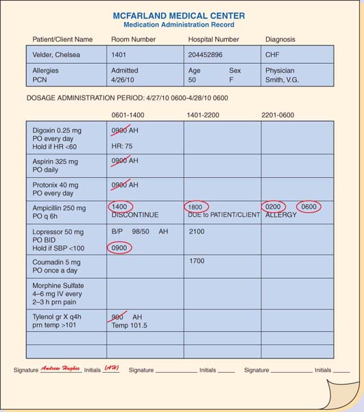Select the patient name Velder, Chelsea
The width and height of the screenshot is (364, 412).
[x=56, y=54]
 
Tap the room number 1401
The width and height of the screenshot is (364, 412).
[x=119, y=54]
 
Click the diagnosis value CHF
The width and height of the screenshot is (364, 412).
[x=272, y=54]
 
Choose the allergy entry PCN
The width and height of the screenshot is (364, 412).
[x=40, y=80]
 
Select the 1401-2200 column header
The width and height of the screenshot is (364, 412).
[x=203, y=115]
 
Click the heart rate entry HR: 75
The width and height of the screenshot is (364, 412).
[x=121, y=146]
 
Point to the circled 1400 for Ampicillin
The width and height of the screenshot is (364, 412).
[x=121, y=207]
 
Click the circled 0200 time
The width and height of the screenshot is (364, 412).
[x=274, y=207]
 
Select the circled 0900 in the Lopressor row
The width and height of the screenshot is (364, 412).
[x=119, y=248]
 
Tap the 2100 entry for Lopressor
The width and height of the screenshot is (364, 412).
[x=197, y=232]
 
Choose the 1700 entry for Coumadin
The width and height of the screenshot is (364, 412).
[x=197, y=260]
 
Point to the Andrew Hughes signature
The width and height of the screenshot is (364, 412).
[x=61, y=369]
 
